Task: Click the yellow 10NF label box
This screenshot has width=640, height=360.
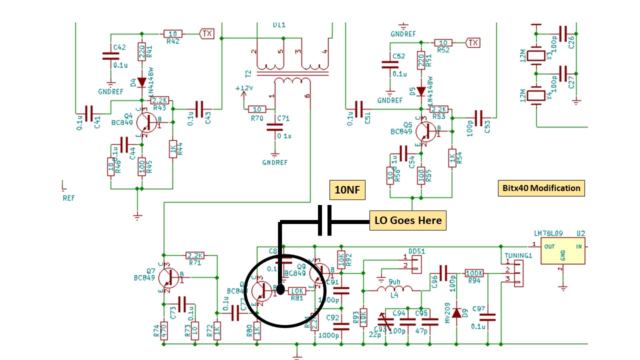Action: (x=347, y=190)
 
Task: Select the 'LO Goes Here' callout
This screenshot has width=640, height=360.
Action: (x=407, y=220)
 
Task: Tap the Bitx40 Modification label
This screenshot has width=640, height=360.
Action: (x=541, y=188)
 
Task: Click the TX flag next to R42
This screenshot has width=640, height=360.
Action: (x=206, y=33)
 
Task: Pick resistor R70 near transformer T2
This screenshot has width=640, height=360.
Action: (x=257, y=109)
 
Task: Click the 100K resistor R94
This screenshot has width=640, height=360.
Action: (x=474, y=273)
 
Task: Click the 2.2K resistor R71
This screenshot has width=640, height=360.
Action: (x=195, y=255)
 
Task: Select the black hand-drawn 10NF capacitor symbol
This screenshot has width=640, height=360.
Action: (x=325, y=220)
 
